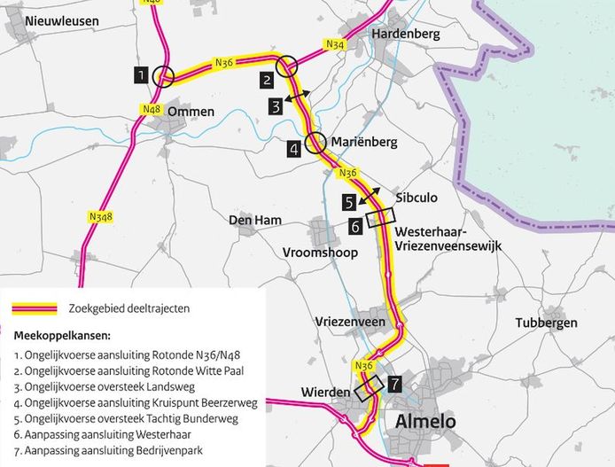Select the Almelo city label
[x=420, y=421]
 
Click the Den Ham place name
[x=255, y=220]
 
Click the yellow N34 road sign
[x=336, y=44]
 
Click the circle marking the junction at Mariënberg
[x=315, y=142]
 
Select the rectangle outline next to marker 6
[x=379, y=217]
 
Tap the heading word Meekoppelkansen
[x=62, y=336]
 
